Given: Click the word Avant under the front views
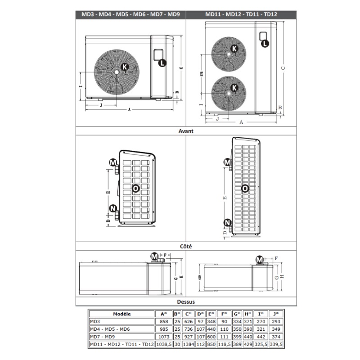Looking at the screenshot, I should click(186, 131).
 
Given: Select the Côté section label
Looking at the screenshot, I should click(186, 247).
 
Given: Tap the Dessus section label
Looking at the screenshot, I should click(186, 302).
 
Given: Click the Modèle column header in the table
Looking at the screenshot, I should click(122, 314).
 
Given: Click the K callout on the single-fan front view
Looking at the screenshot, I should click(125, 67).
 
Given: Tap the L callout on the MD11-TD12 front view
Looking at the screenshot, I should click(265, 43).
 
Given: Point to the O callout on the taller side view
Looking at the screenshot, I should click(245, 189).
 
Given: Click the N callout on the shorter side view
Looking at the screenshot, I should click(113, 208).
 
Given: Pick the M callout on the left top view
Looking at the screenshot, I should click(155, 256).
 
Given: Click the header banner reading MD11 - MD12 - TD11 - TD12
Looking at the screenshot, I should click(241, 14).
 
